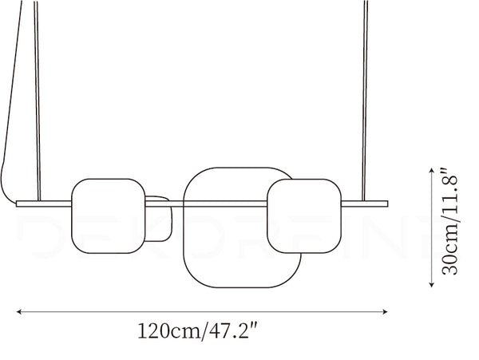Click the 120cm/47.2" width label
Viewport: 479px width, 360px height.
tap(198, 330)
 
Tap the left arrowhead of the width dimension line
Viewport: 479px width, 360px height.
tap(18, 312)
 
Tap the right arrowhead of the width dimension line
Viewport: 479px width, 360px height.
tap(386, 312)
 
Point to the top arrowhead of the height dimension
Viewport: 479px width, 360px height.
tap(431, 170)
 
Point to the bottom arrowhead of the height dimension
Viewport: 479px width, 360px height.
tap(431, 285)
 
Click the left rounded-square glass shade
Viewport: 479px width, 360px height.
tap(108, 216)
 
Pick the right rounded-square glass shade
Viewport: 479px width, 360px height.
tap(304, 216)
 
